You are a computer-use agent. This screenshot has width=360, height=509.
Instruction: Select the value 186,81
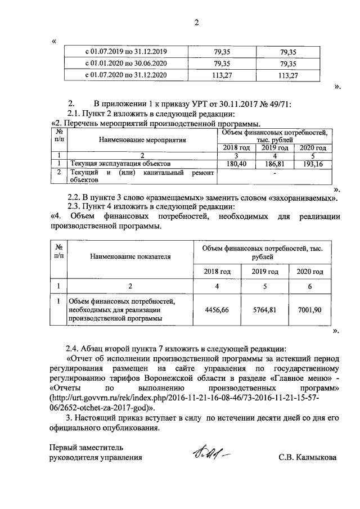click(275, 163)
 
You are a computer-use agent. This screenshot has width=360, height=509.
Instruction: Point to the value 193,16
click(313, 163)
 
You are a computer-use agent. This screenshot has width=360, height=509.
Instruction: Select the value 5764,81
click(265, 310)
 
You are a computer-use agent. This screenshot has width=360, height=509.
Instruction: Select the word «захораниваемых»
click(304, 197)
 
